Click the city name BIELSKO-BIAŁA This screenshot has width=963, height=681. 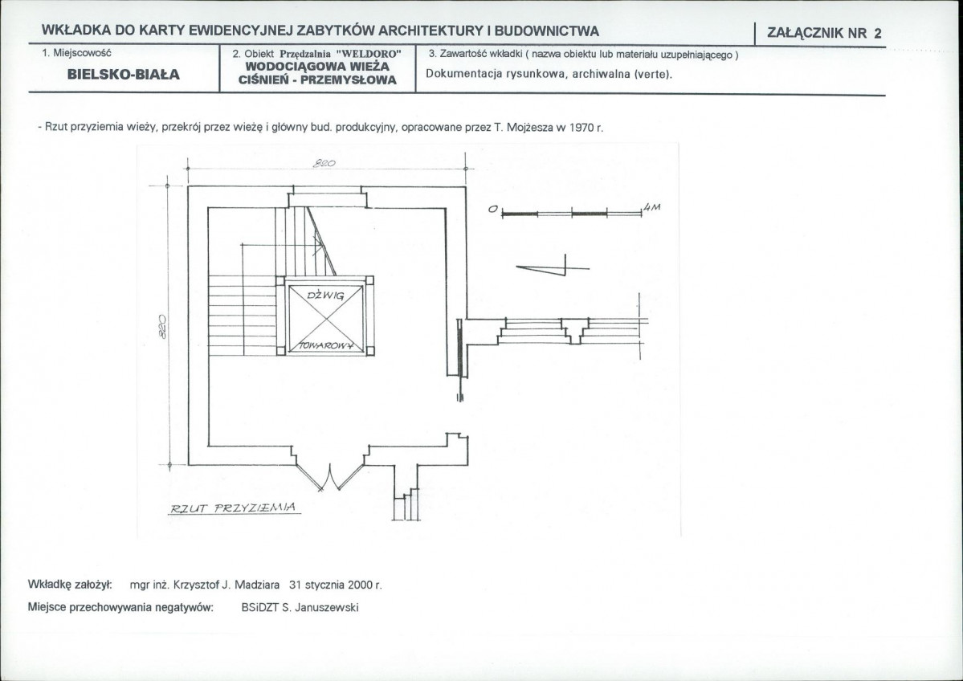pos(124,75)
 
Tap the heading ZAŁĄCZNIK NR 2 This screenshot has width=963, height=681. pos(824,33)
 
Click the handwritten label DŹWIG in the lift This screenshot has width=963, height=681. pos(325,296)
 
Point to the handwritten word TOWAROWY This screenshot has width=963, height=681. pos(327,345)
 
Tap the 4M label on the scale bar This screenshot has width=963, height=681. pos(651,207)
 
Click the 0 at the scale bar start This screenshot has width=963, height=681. pos(492,209)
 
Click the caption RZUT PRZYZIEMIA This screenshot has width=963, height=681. pos(233,508)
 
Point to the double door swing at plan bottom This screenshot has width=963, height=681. pos(329,477)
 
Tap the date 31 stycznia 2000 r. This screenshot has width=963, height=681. pos(336,585)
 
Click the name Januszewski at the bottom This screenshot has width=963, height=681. pos(327,608)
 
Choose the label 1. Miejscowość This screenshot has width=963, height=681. pos(76,53)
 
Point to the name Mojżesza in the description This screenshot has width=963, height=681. pos(530,128)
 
